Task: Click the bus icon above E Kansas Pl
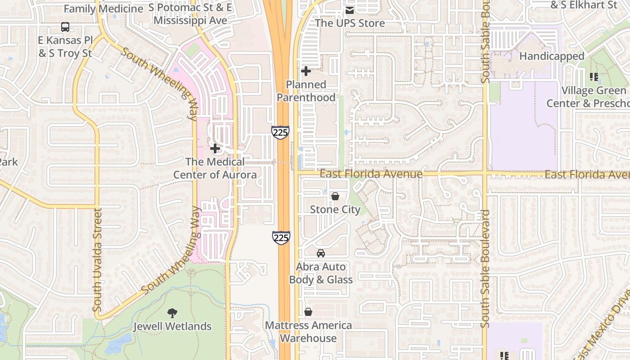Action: click(65, 27)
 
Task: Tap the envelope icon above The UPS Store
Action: click(350, 10)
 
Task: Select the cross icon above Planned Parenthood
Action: click(306, 71)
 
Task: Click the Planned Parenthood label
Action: click(306, 91)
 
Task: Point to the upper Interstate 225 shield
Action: click(280, 132)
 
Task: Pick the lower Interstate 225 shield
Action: click(281, 237)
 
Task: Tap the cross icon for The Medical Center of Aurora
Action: click(215, 148)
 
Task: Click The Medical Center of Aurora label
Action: click(215, 168)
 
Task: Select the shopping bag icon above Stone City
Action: click(335, 196)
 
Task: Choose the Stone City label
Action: click(335, 209)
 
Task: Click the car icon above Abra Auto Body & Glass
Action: click(321, 253)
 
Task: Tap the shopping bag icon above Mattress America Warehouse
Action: click(308, 312)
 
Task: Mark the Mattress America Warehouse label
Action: click(309, 332)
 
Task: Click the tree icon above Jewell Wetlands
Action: click(172, 313)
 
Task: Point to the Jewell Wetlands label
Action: click(172, 326)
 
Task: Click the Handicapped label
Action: click(552, 56)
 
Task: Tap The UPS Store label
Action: click(350, 23)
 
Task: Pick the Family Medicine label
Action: click(103, 9)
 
